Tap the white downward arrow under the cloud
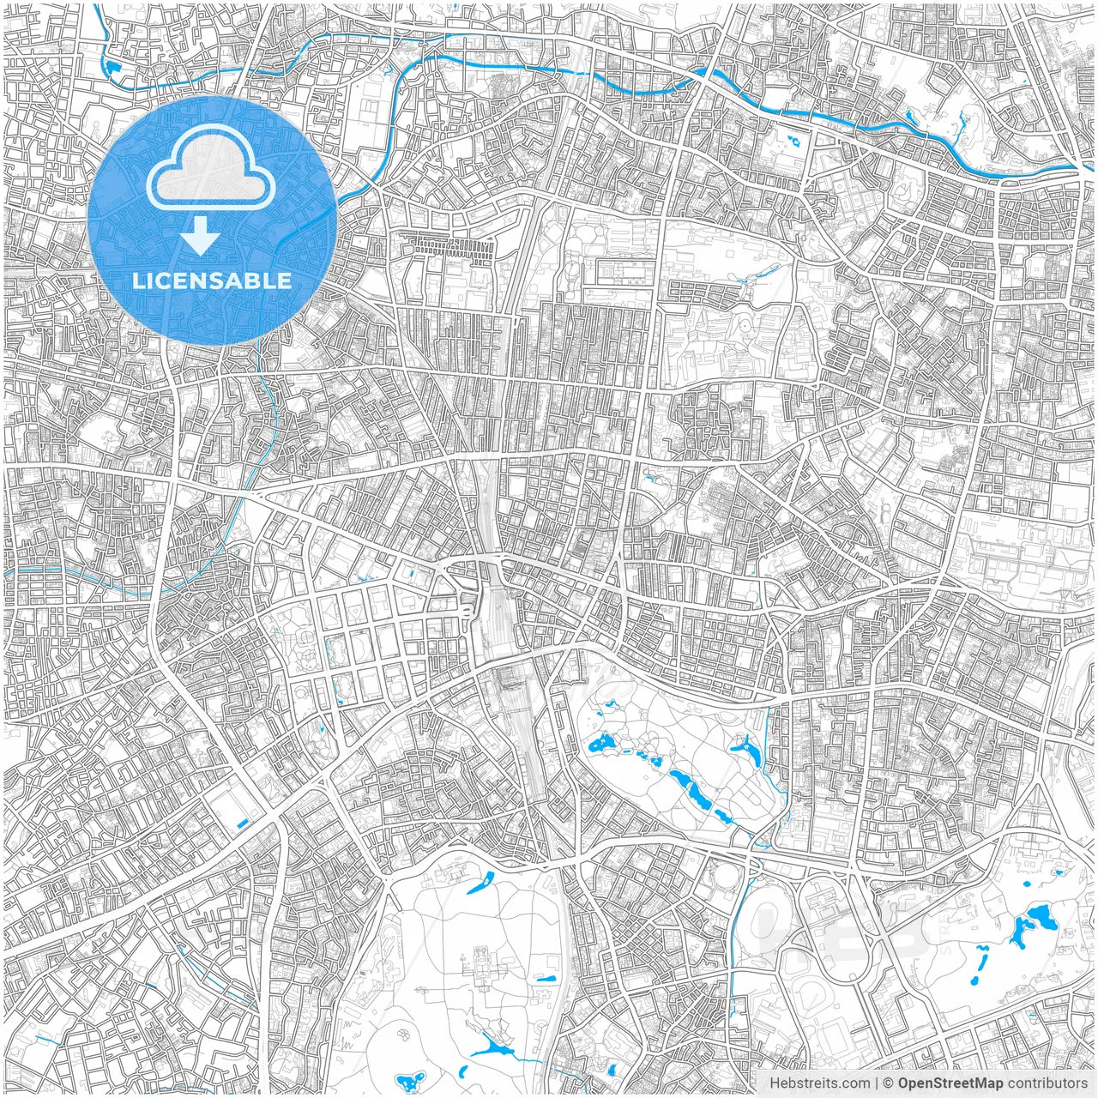click(201, 235)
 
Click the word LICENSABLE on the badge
click(212, 281)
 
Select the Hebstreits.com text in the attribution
click(818, 1083)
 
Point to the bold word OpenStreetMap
click(950, 1083)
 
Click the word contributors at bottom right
click(1047, 1083)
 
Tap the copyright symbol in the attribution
click(889, 1083)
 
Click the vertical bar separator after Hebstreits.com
click(876, 1083)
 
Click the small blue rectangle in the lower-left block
click(242, 823)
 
